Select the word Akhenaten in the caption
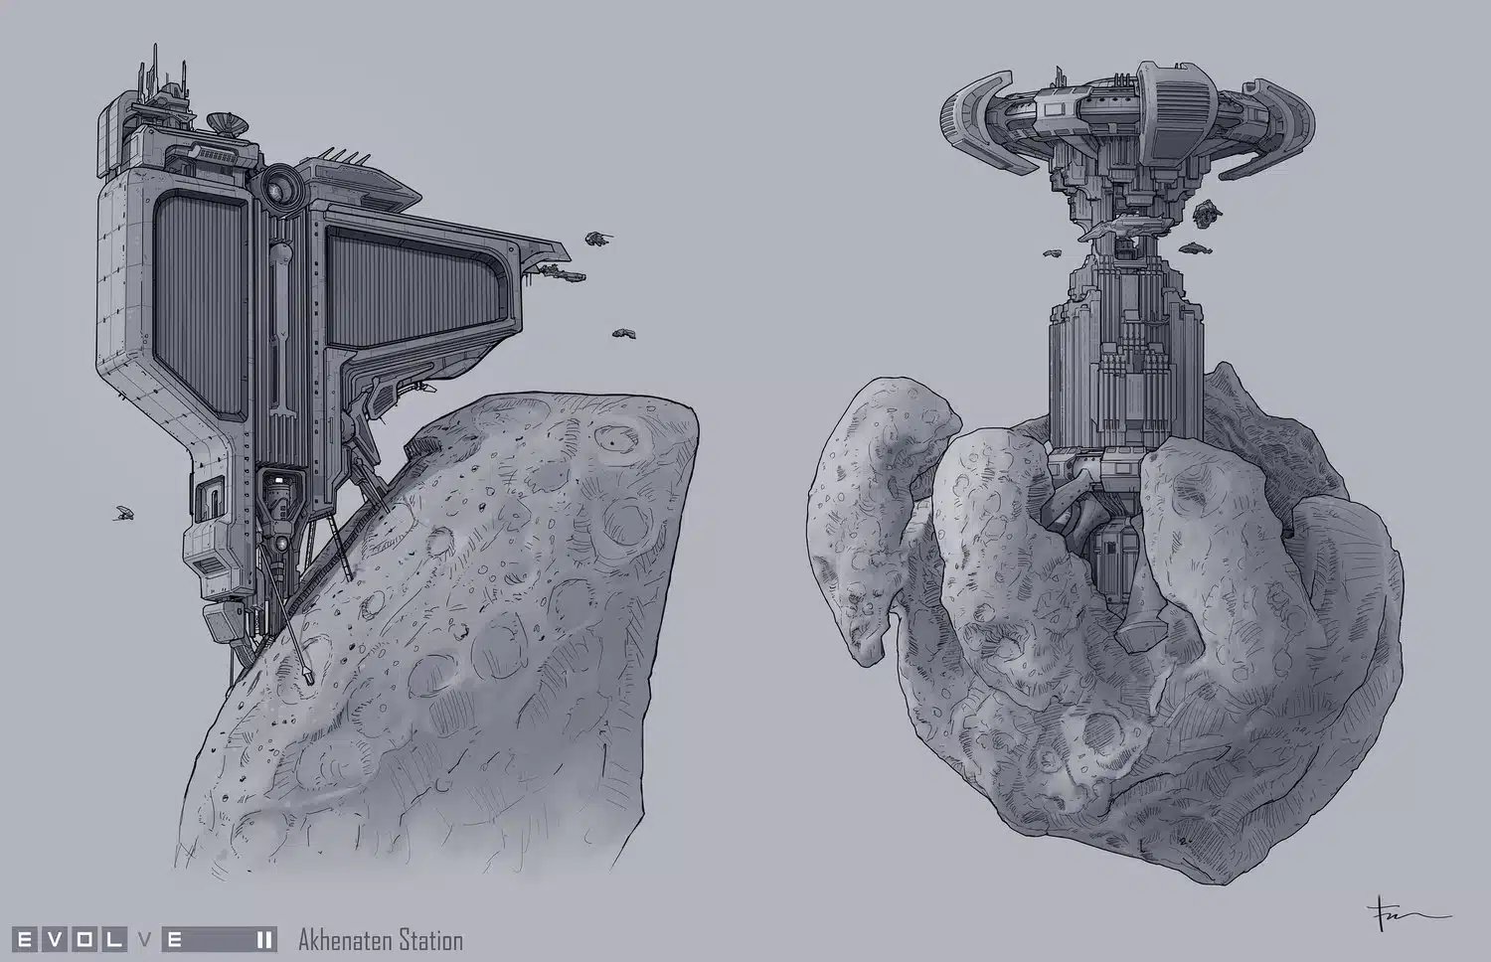coord(346,940)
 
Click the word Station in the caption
coord(431,940)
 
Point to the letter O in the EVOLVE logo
coord(83,940)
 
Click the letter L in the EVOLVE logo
coord(112,940)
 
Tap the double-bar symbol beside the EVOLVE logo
coord(264,940)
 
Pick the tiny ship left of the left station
coord(122,512)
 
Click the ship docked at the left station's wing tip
coord(563,272)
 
